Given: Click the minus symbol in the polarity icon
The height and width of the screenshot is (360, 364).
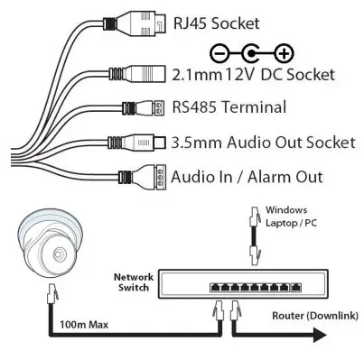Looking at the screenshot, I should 218,52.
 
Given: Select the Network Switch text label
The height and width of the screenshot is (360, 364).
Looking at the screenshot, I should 131,281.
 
